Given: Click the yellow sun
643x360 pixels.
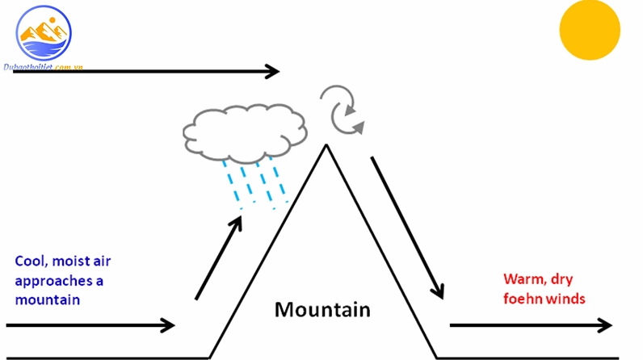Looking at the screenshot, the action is coord(590,30).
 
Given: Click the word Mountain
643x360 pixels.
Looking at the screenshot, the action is coord(322,310).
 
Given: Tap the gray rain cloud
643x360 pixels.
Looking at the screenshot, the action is coord(245,133).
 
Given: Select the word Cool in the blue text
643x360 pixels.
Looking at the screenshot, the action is coord(31,262).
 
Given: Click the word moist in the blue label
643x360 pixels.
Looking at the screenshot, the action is coord(69,261).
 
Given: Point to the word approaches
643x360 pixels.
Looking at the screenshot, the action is coord(53,282).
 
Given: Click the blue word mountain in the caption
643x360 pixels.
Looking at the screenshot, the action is coord(47,299).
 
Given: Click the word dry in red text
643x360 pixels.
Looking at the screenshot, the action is coord(561,280).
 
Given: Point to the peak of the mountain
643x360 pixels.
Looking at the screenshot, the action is coord(326,145).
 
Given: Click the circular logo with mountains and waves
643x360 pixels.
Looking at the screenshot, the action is coord(44,33).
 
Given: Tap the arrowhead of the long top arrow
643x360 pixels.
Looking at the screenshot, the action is coord(272,71).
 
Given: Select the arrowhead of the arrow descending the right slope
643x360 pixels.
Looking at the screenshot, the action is coord(439,291).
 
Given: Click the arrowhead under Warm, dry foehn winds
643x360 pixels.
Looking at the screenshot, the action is coord(605,325).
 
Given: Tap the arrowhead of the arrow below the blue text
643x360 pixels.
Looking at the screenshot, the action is coord(168,325).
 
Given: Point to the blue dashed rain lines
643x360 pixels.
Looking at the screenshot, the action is coord(256,183).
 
